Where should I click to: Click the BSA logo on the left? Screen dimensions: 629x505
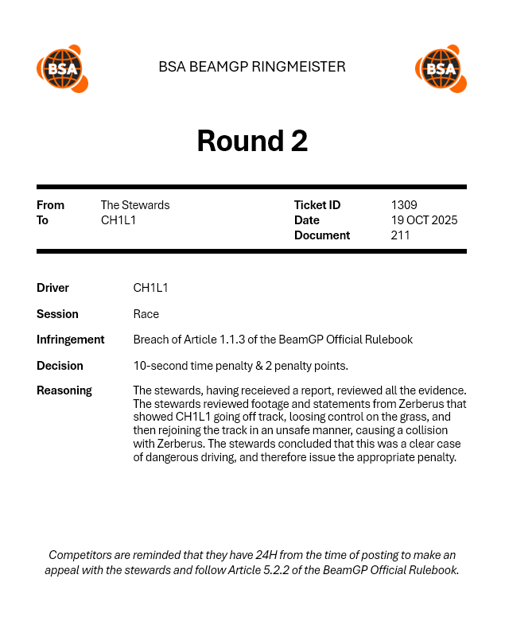click(x=62, y=68)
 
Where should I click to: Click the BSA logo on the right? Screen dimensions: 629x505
click(x=441, y=68)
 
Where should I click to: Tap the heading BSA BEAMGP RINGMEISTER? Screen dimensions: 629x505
click(x=252, y=67)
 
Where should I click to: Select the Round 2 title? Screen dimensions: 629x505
click(x=252, y=141)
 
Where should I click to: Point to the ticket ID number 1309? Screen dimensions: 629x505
click(x=404, y=205)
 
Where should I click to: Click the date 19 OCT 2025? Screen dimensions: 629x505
click(x=424, y=220)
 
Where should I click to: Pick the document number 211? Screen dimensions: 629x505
click(x=400, y=235)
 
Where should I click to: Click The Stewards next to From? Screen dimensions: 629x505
click(x=135, y=205)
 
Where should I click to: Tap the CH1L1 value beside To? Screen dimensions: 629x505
click(x=118, y=220)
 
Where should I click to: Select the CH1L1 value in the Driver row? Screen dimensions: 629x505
click(x=150, y=288)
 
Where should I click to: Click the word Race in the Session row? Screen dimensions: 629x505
click(x=146, y=314)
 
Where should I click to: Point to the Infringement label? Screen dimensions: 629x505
click(x=70, y=340)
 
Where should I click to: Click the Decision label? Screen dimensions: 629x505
click(x=60, y=366)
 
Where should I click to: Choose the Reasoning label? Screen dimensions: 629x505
click(x=64, y=390)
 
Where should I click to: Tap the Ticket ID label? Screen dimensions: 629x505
click(x=317, y=205)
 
